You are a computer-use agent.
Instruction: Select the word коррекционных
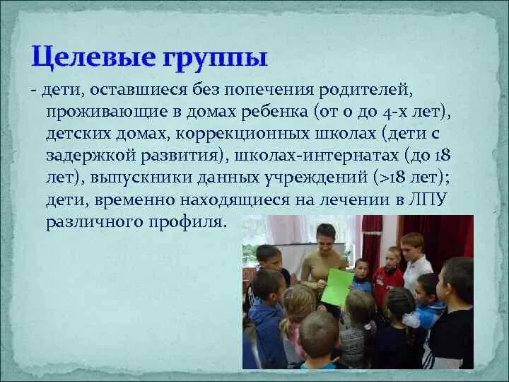pos(233,134)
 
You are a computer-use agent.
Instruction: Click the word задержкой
pos(90,156)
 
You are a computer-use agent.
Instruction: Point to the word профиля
pos(191,221)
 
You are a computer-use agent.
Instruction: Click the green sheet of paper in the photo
pos(337,286)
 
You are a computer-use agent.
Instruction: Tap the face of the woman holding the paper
pos(326,236)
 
